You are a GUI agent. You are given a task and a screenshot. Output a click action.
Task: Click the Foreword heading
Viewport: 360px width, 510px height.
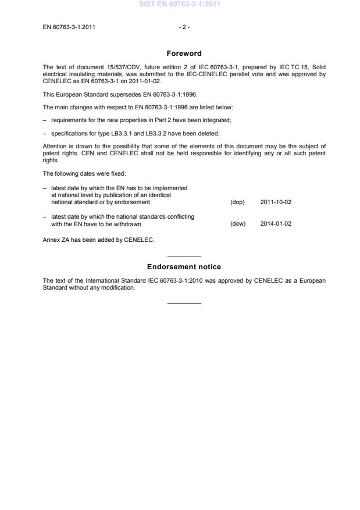184,54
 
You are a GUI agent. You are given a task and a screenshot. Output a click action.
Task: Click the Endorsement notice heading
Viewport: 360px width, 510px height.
184,267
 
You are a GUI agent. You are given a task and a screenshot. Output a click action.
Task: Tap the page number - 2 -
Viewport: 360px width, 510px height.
184,27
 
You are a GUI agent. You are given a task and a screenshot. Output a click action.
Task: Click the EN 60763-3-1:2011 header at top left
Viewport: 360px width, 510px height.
69,27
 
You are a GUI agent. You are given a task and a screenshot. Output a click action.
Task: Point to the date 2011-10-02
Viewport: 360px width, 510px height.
276,202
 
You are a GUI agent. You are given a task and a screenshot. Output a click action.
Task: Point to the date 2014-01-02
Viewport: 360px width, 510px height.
276,224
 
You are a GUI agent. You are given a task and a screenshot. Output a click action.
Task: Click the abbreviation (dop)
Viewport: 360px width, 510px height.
237,202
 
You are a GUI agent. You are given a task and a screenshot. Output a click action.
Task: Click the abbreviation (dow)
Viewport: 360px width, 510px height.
238,224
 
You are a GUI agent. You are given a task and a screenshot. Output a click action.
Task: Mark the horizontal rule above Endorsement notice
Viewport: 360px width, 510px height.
184,256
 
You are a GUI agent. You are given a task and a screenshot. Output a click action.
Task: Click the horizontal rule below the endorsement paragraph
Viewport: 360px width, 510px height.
184,302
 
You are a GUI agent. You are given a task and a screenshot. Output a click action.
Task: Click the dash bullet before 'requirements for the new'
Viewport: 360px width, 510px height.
45,120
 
